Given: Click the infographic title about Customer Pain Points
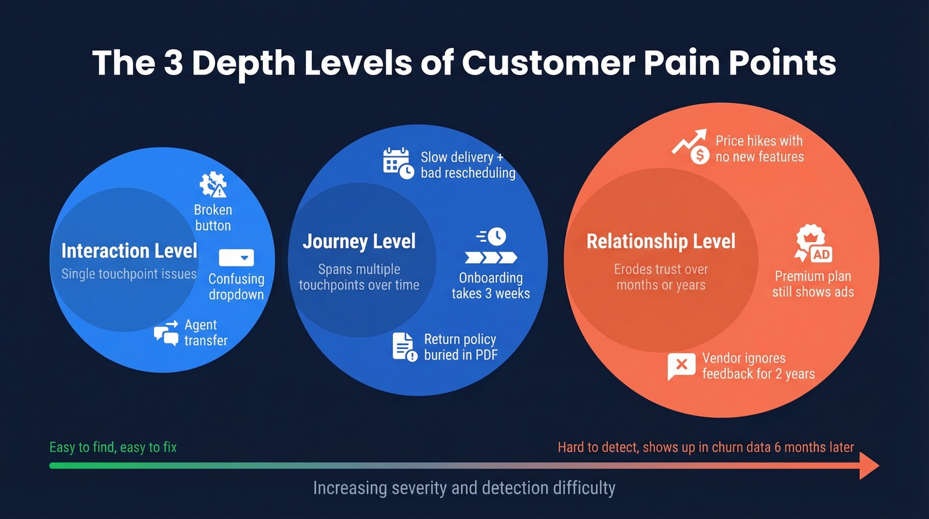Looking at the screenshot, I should [x=464, y=63].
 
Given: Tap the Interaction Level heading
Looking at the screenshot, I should [x=129, y=251].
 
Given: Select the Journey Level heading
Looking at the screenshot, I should [x=359, y=241].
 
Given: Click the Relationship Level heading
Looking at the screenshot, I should [x=661, y=241].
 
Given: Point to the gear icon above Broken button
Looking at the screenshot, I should [x=213, y=185].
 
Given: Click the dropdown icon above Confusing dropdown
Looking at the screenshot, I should [x=236, y=258].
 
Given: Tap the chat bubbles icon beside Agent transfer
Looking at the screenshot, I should [x=167, y=333].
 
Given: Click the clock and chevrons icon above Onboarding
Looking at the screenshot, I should [x=491, y=247].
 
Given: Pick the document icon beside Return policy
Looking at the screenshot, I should [x=403, y=346].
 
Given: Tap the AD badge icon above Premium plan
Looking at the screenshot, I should [x=813, y=245].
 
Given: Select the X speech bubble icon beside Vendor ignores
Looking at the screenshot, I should [x=681, y=366].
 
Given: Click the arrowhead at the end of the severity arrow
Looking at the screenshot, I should [x=869, y=465].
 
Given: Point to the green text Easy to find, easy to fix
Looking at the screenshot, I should [x=113, y=447].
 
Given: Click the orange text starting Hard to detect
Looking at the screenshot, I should [x=705, y=447].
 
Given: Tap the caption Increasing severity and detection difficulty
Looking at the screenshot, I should [x=464, y=488].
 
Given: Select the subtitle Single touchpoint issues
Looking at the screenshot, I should [x=129, y=274].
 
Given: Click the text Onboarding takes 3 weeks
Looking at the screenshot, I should [x=491, y=286].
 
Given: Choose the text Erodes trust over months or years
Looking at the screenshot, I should [x=661, y=277].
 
